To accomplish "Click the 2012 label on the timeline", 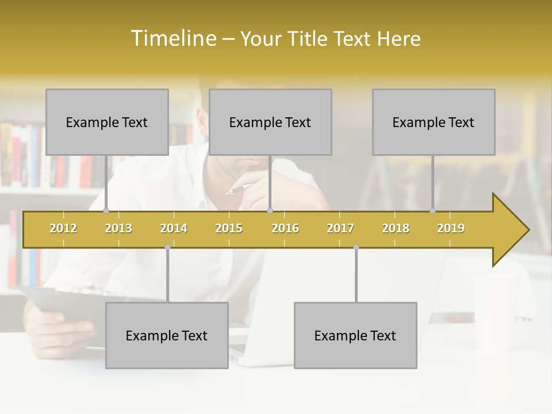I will click(x=63, y=228).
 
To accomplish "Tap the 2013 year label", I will click(x=118, y=228).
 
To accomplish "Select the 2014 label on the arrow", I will click(x=174, y=228).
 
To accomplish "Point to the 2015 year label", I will click(x=229, y=228).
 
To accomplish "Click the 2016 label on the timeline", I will click(x=285, y=228).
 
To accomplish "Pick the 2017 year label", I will click(x=340, y=228).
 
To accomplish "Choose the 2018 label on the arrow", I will click(x=396, y=228).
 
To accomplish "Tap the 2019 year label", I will click(x=451, y=228).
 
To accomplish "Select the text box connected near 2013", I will click(x=107, y=122).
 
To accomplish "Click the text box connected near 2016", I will click(x=270, y=122).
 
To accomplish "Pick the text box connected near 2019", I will click(x=434, y=122).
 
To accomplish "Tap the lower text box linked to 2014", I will click(x=167, y=335).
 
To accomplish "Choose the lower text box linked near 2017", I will click(x=355, y=335).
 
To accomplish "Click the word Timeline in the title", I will click(x=172, y=39).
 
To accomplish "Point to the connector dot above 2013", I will click(x=106, y=211).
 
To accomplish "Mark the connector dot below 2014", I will click(x=167, y=247).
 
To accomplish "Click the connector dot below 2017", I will click(x=356, y=247).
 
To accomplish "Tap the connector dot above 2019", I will click(x=433, y=211).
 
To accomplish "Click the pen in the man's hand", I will click(x=237, y=189).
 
